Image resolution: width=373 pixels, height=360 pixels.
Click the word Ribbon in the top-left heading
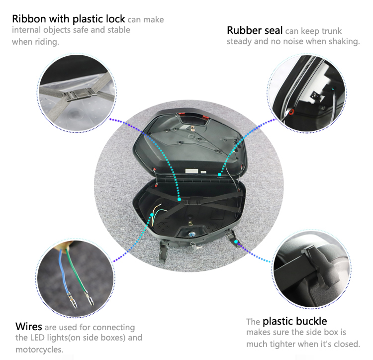click(29, 19)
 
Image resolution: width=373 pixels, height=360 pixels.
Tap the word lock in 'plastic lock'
click(115, 19)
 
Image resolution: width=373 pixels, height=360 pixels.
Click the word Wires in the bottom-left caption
click(28, 327)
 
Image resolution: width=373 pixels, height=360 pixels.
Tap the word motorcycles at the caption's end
click(39, 350)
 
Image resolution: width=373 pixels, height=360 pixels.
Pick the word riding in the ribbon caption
click(47, 42)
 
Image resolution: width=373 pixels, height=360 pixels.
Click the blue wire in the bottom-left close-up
click(64, 274)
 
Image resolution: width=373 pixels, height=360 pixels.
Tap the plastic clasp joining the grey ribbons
click(79, 94)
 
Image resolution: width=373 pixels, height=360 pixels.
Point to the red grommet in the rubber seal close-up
click(291, 112)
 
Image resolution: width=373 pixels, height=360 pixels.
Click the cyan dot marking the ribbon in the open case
click(179, 199)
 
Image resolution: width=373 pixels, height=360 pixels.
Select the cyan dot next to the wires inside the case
click(152, 215)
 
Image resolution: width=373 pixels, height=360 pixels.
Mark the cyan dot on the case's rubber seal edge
click(219, 175)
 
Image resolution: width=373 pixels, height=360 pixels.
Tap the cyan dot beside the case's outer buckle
click(236, 241)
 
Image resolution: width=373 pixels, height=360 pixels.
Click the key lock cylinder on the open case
click(191, 235)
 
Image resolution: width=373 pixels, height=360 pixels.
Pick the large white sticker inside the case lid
click(192, 171)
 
